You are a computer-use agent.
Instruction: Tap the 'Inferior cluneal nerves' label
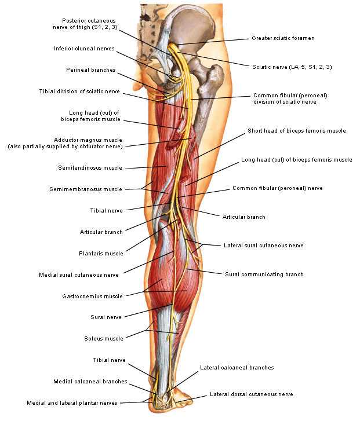click(84, 49)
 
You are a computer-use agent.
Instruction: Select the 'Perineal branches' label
click(90, 70)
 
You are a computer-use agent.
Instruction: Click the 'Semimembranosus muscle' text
click(94, 189)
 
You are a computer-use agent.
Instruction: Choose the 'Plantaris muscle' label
click(101, 253)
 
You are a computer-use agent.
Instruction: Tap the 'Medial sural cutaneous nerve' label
click(79, 274)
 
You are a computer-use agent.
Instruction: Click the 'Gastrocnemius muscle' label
click(92, 296)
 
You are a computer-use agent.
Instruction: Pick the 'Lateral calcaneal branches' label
click(237, 367)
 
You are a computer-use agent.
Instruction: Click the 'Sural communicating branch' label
click(264, 274)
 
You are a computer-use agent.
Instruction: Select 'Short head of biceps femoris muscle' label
click(296, 131)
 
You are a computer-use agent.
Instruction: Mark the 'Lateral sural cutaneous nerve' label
click(263, 245)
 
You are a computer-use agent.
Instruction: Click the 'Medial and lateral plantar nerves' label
click(72, 402)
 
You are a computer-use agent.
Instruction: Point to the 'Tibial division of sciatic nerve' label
click(79, 91)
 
